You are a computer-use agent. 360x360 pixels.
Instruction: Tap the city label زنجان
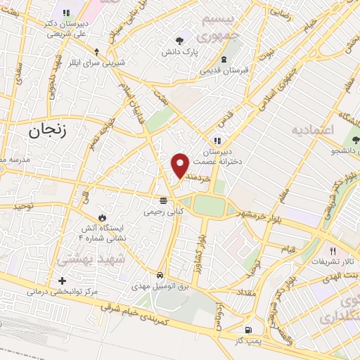click(x=46, y=130)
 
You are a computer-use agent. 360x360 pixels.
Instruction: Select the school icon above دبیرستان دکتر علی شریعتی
click(x=67, y=13)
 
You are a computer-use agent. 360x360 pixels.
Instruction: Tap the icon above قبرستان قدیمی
click(x=224, y=59)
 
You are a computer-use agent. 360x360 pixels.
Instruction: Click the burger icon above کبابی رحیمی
click(x=163, y=200)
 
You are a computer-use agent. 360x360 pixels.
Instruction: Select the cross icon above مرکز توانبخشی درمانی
click(x=63, y=281)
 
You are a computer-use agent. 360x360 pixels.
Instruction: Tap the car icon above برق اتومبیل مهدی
click(x=160, y=275)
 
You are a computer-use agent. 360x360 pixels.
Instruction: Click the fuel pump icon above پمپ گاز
click(x=247, y=330)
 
